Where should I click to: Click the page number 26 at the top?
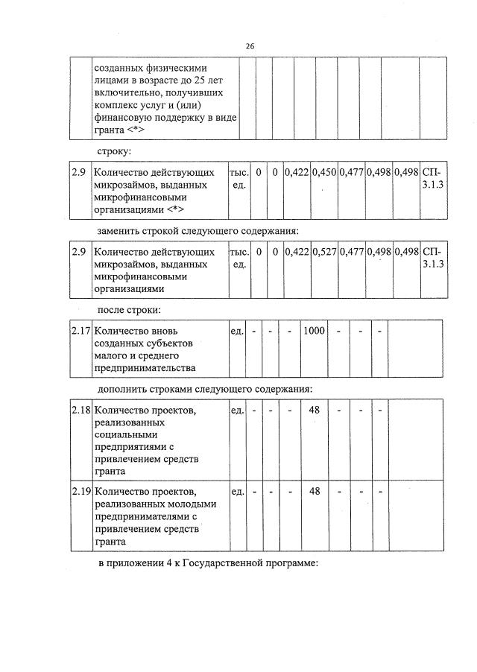[250, 46]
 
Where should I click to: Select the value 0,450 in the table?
[323, 172]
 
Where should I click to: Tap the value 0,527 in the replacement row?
[323, 252]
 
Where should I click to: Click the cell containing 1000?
[314, 330]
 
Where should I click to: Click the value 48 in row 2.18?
[314, 411]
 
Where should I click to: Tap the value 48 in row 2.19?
[314, 491]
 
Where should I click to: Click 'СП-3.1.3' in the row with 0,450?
[432, 179]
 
